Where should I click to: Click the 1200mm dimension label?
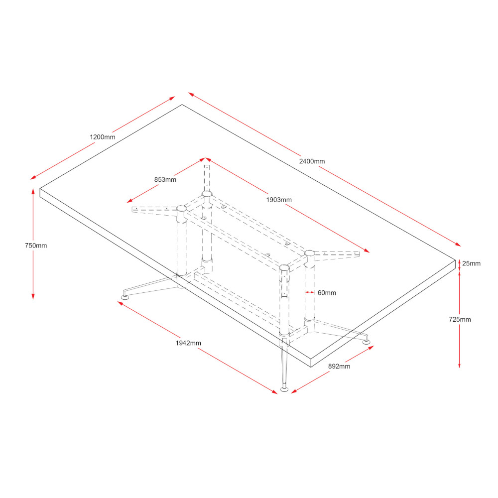[x=103, y=137]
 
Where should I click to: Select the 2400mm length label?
[x=312, y=161]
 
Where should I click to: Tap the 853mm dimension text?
[x=165, y=180]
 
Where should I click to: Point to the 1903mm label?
[x=279, y=200]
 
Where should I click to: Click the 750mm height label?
[x=36, y=246]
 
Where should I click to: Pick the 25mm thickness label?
[x=472, y=263]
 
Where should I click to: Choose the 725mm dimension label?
[x=460, y=320]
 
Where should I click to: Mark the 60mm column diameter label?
[x=327, y=293]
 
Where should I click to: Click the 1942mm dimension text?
[x=188, y=343]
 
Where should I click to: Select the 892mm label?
[x=339, y=366]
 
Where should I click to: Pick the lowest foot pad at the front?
[x=284, y=388]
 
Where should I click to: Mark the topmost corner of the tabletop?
[x=182, y=105]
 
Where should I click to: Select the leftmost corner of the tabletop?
[x=40, y=189]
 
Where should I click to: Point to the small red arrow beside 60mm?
[x=309, y=293]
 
